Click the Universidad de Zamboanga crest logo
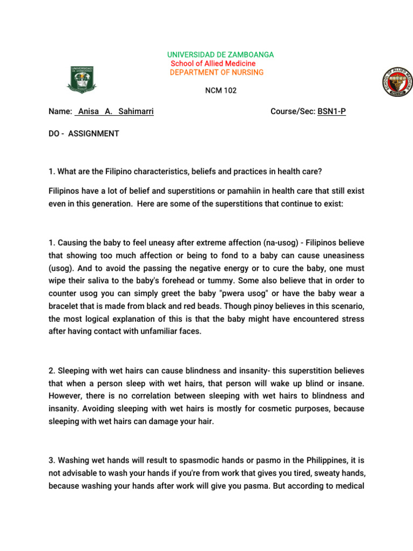(x=83, y=79)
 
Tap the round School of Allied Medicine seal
(x=396, y=82)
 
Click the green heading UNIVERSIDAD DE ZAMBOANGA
(x=220, y=55)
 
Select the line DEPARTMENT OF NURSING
(x=217, y=73)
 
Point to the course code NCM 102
(x=220, y=90)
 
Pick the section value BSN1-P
(x=332, y=112)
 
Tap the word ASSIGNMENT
(x=94, y=133)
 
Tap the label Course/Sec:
(x=293, y=112)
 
